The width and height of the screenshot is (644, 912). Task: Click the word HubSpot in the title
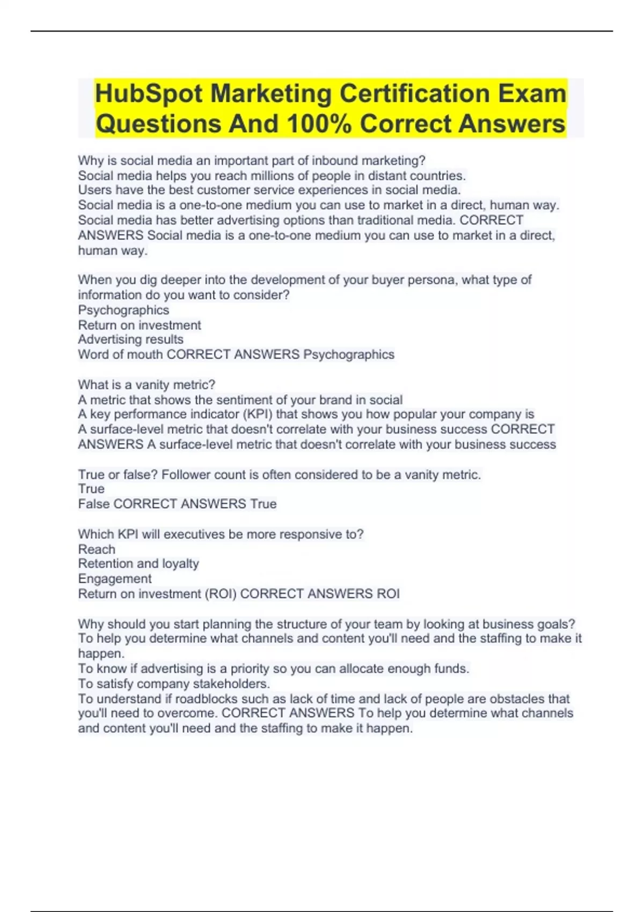[x=149, y=94]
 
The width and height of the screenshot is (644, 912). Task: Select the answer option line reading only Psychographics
[x=123, y=310]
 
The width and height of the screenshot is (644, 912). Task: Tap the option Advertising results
[x=130, y=340]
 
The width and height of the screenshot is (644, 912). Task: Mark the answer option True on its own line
[x=91, y=489]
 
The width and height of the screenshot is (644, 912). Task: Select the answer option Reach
[x=97, y=549]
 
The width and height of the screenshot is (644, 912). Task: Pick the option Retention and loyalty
[x=138, y=564]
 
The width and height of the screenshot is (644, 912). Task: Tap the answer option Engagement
[x=115, y=579]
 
